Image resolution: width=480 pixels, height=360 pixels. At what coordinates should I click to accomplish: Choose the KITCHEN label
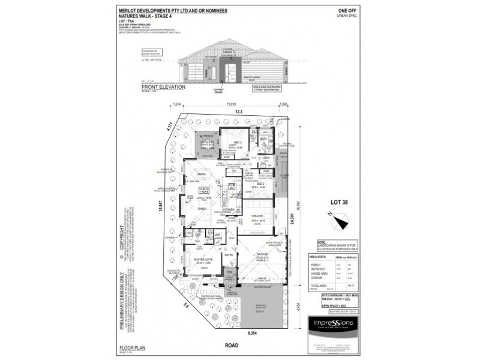[229, 210]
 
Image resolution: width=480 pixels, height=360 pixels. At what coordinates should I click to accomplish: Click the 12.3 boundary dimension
[238, 112]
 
